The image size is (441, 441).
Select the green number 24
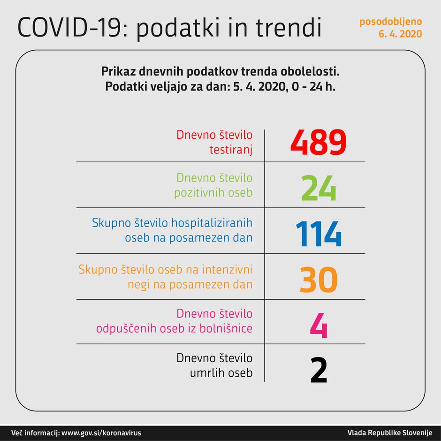(319, 188)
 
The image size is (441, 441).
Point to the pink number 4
(319, 324)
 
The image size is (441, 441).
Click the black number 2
(319, 370)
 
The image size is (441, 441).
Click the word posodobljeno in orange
(391, 22)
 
